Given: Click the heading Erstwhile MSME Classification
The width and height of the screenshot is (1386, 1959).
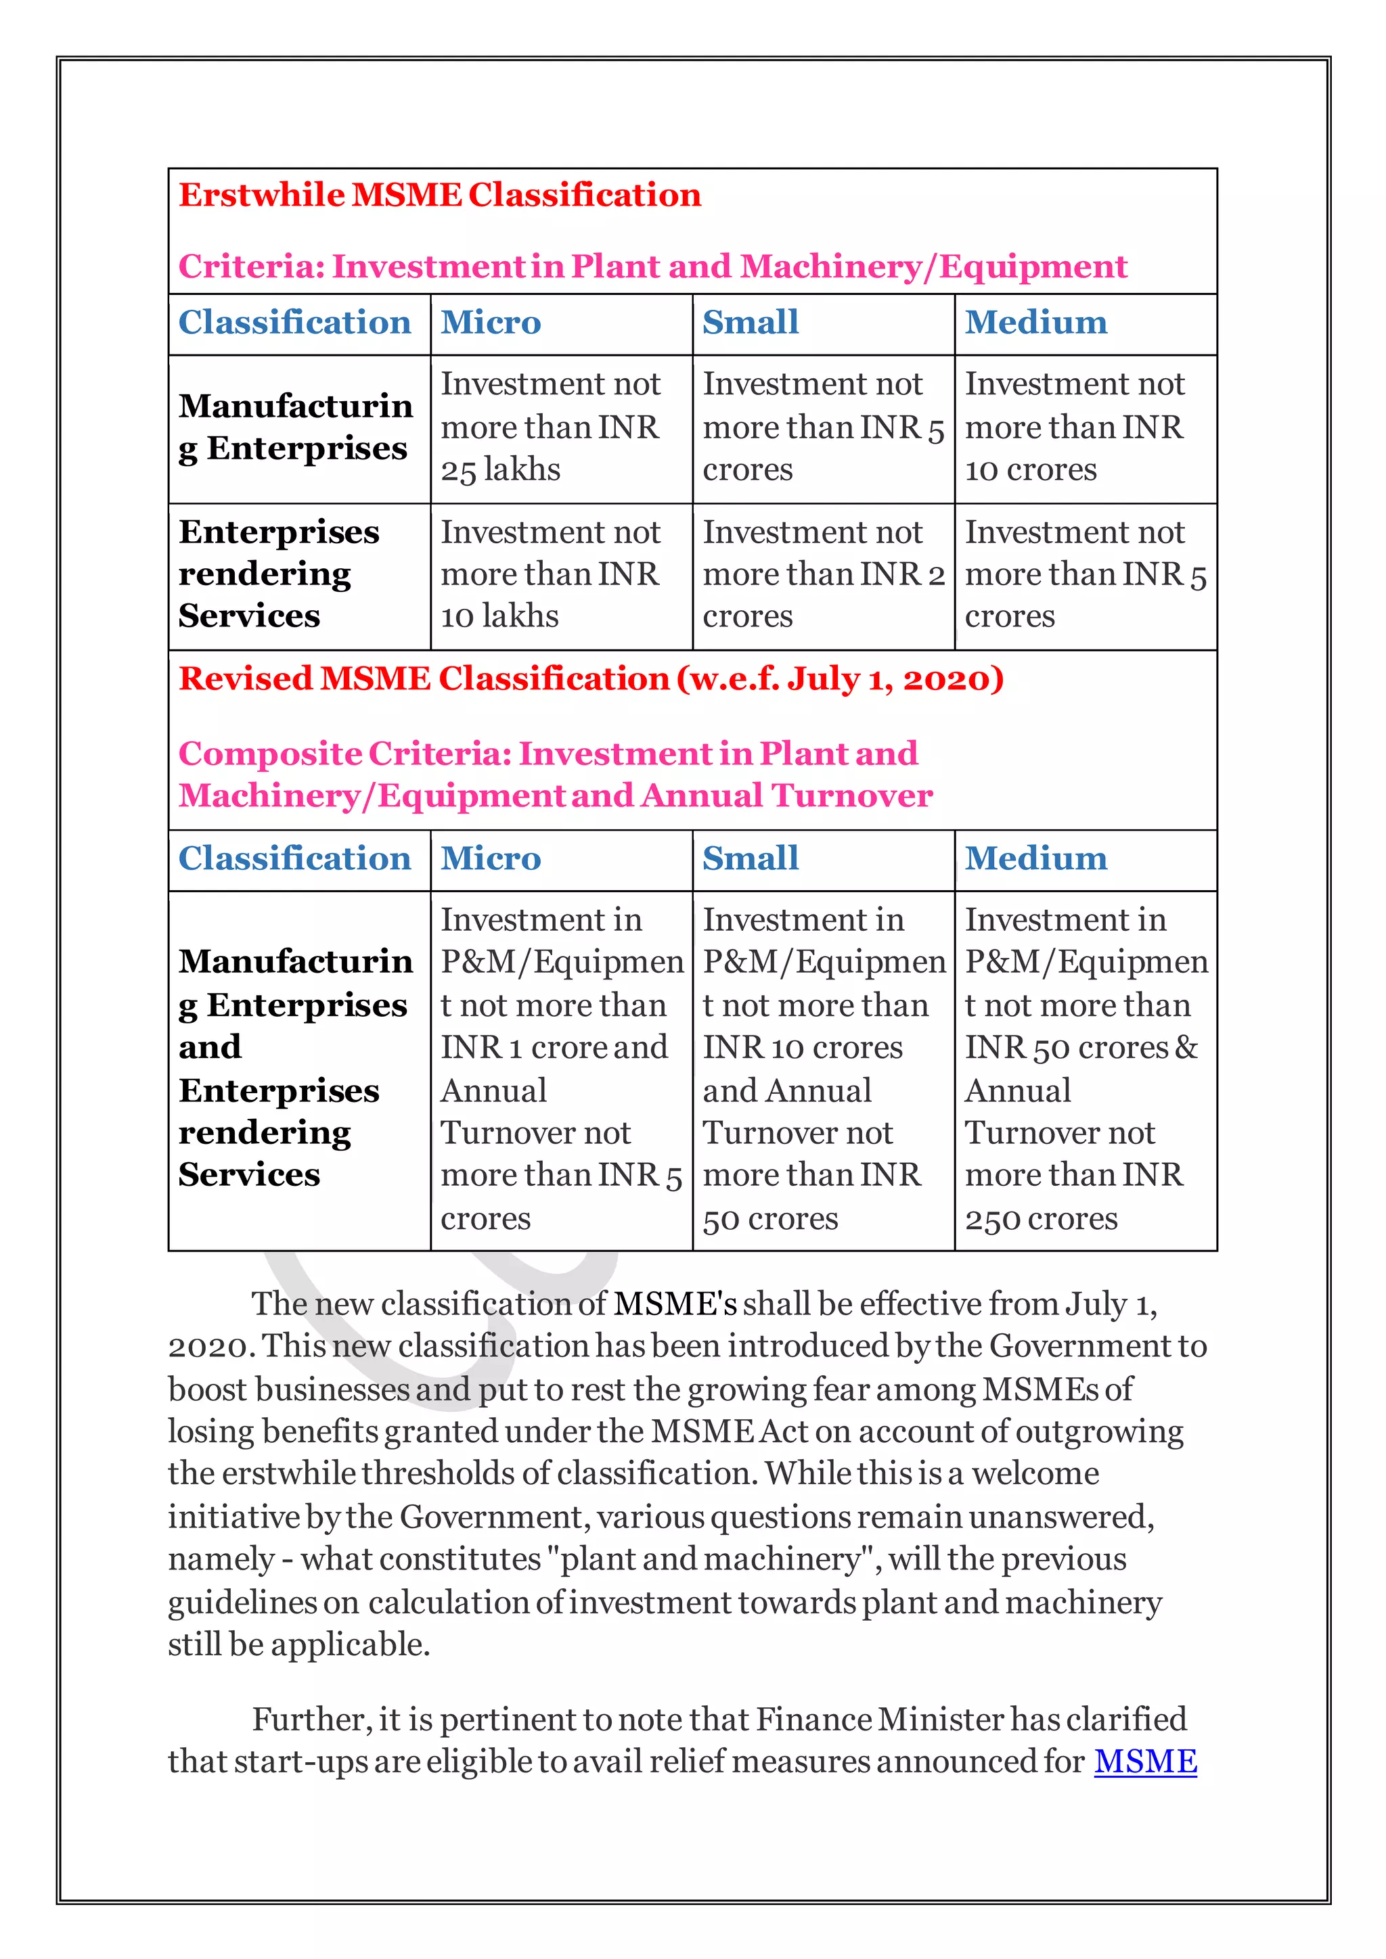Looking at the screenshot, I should [x=439, y=195].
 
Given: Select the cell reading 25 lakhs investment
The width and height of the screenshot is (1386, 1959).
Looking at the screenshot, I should [x=561, y=428].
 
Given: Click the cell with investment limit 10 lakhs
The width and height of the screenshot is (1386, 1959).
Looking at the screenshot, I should [x=561, y=575].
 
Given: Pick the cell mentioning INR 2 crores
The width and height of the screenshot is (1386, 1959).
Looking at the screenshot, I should [x=823, y=575].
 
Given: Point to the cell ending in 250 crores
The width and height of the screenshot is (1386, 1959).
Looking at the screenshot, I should [x=1085, y=1070].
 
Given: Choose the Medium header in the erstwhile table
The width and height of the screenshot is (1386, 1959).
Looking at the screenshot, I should [x=1036, y=323].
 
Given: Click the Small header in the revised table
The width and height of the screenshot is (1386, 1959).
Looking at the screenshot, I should [x=750, y=859].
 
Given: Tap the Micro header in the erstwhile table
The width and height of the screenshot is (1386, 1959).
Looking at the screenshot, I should [x=491, y=323].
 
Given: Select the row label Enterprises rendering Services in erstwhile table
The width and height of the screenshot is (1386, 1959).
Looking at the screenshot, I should [x=278, y=574].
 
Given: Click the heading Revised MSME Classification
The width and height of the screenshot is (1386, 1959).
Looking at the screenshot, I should [x=591, y=679].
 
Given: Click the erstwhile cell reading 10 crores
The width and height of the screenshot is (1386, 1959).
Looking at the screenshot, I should [x=1085, y=428].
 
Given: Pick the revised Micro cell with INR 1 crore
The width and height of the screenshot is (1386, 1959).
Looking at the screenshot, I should [x=561, y=1070].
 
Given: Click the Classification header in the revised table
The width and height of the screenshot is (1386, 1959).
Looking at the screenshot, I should [x=294, y=859].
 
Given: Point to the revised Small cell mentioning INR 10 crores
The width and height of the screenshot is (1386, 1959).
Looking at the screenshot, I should [x=823, y=1070].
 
